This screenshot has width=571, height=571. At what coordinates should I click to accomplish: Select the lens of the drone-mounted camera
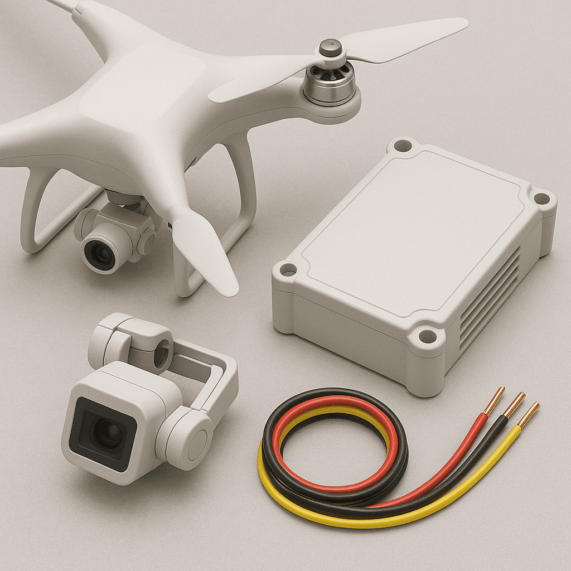tap(101, 254)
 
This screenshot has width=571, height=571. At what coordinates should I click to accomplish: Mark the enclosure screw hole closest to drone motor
tap(403, 146)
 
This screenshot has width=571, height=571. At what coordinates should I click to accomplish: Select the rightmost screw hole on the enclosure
tap(540, 198)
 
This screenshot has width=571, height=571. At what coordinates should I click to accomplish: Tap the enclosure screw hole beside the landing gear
tap(288, 270)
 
